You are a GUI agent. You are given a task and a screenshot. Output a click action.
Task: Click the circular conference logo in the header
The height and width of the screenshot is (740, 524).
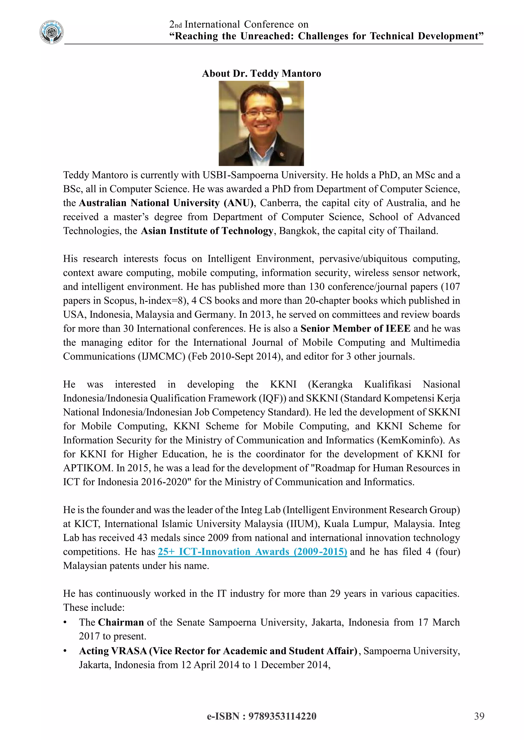(52, 32)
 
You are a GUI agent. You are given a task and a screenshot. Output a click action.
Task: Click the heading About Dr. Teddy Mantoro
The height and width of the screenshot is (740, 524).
(261, 74)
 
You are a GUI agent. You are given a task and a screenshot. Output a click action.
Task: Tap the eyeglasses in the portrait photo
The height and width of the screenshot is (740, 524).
(261, 113)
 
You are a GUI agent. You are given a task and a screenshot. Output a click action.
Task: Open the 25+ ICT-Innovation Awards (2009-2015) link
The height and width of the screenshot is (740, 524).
(252, 552)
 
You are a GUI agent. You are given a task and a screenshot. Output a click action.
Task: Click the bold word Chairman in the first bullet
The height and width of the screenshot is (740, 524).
(121, 622)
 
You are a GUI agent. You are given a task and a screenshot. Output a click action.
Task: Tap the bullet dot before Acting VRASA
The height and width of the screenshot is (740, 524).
(65, 651)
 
